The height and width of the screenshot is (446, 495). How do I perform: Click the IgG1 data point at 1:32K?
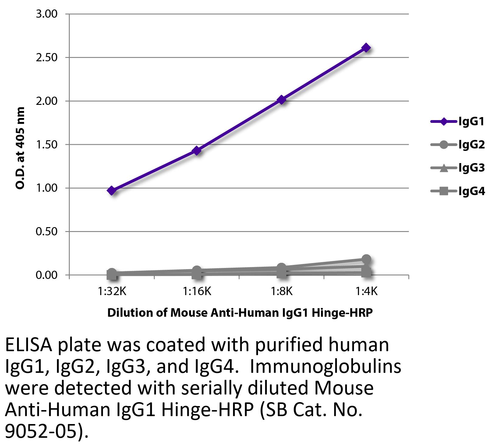111,191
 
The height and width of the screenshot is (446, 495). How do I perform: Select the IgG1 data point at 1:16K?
196,150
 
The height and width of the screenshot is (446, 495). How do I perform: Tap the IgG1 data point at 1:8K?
281,100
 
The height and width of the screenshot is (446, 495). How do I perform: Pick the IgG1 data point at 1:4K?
366,48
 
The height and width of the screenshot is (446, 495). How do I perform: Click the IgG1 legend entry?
457,122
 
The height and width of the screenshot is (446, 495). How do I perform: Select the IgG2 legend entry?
457,145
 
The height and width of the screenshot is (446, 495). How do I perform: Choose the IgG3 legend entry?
457,168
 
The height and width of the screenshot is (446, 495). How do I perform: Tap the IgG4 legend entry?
457,191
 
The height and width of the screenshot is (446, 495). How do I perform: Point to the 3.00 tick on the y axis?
46,14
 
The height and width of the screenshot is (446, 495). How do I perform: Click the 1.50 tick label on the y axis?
46,145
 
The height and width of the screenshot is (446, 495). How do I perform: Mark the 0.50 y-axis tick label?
46,232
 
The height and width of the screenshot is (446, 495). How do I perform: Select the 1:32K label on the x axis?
112,292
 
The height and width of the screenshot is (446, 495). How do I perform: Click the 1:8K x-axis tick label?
281,292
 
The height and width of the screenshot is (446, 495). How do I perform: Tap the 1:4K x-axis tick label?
366,292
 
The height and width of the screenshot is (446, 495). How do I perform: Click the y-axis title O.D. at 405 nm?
20,148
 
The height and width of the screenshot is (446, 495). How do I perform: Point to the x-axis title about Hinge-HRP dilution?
240,313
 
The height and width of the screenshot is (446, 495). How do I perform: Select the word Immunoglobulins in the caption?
325,367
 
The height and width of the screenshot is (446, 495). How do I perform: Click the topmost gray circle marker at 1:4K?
366,259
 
